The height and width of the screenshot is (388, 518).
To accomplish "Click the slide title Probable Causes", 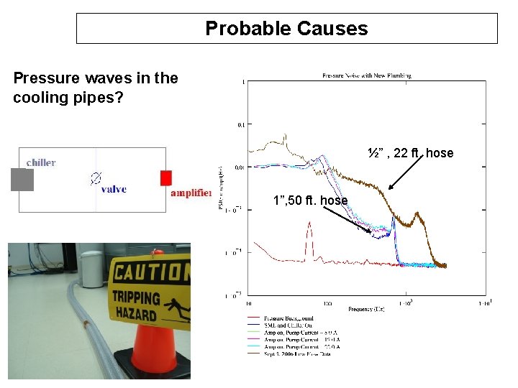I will click(x=286, y=29).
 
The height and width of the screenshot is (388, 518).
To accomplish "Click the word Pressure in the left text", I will click(x=42, y=78).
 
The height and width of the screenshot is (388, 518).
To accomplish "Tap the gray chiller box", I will click(x=22, y=180).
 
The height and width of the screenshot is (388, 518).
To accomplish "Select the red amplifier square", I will click(x=166, y=178).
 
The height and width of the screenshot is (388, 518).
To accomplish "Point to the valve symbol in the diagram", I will click(x=95, y=177).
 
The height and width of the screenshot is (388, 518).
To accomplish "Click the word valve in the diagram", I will click(x=114, y=190).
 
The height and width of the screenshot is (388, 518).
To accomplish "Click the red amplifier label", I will click(x=191, y=193).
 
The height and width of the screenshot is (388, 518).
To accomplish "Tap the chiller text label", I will click(x=41, y=162).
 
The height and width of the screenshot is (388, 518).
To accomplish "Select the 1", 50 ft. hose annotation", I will click(x=310, y=200).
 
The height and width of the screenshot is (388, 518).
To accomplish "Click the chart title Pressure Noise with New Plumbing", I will click(x=367, y=75).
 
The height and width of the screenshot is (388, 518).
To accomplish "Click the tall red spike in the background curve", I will click(x=309, y=234).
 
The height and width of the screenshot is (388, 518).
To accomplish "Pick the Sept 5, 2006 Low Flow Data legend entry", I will click(x=296, y=354).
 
